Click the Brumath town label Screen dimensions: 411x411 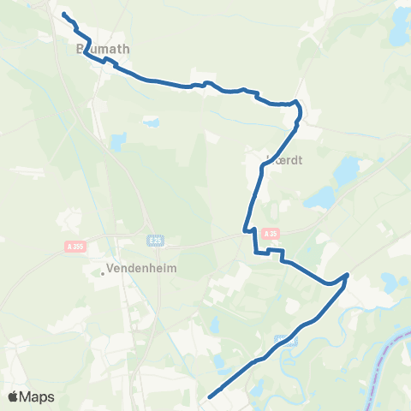[x=95, y=50]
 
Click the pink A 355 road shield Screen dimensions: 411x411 [x=74, y=247]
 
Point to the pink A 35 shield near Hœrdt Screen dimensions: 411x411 [x=271, y=233]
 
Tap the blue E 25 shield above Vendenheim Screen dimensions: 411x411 [x=155, y=241]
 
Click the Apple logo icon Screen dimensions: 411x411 [x=14, y=396]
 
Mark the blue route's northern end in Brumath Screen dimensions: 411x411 [x=64, y=14]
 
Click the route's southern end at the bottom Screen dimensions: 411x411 [x=210, y=396]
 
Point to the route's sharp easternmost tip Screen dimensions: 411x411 [x=347, y=275]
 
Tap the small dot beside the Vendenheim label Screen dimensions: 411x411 [x=103, y=273]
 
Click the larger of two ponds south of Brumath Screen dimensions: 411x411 [x=118, y=140]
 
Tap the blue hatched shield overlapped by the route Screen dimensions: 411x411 [x=285, y=340]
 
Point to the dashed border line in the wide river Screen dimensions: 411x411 [x=390, y=342]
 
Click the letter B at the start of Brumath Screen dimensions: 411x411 [x=80, y=50]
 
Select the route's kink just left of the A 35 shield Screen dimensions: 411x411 [x=249, y=229]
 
